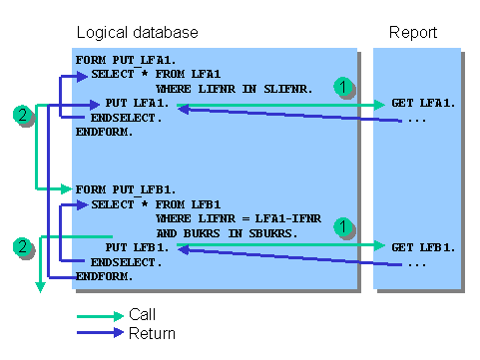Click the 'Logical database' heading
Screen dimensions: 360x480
tap(138, 33)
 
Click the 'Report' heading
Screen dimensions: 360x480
tap(412, 33)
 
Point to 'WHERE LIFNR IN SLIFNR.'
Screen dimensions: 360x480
tap(235, 89)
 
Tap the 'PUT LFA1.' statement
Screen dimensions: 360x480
tap(142, 104)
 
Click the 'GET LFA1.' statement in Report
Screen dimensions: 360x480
tap(423, 104)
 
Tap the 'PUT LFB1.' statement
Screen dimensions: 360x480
tap(142, 246)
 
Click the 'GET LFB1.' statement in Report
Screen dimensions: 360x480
tap(423, 246)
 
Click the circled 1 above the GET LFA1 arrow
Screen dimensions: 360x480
tap(342, 87)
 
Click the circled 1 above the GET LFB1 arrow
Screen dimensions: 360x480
tap(342, 228)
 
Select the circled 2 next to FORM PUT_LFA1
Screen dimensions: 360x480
tap(22, 115)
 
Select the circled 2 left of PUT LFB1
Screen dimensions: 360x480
tap(22, 245)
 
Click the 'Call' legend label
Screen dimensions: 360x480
tap(142, 315)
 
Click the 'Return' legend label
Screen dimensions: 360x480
tap(152, 333)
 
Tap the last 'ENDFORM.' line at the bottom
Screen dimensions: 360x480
tap(104, 275)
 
